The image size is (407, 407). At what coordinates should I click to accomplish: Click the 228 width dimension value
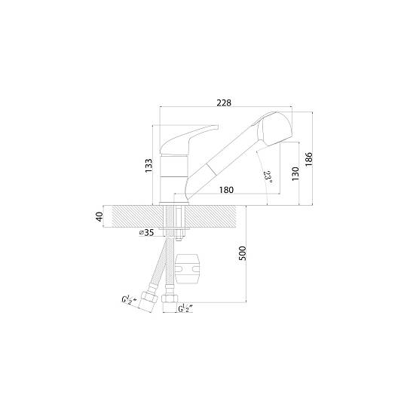[224, 103]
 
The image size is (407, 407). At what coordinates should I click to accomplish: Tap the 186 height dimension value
[308, 159]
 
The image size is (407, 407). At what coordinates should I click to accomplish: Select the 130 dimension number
[295, 174]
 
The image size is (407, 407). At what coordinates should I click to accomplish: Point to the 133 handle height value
[148, 166]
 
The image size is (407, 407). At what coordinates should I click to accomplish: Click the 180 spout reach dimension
[226, 190]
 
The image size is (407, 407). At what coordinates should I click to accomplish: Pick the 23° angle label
[268, 177]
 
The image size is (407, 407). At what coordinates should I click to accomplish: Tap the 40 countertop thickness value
[99, 217]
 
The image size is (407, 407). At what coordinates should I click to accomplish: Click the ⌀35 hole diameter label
[147, 233]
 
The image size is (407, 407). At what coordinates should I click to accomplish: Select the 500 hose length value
[242, 253]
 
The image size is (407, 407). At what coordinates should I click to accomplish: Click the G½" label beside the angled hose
[130, 299]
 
